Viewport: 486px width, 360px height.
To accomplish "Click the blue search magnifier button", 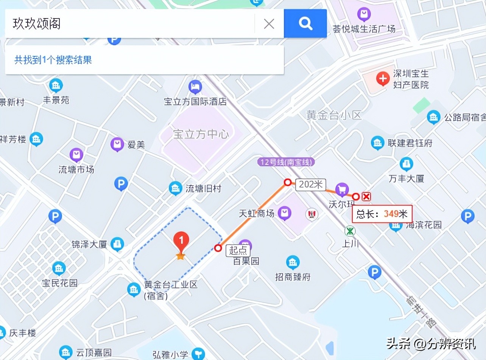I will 305,23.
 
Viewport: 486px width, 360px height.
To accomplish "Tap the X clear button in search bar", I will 269,24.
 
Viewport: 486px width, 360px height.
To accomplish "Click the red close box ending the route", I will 366,196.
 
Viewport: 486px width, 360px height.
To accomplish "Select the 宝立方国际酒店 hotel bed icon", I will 195,87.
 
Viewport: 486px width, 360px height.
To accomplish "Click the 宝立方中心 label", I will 201,134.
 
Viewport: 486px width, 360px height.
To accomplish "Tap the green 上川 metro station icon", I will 350,231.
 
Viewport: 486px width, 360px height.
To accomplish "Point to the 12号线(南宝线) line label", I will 286,162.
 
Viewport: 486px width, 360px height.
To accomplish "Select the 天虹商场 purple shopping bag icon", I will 285,213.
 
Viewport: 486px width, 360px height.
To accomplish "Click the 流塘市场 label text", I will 76,169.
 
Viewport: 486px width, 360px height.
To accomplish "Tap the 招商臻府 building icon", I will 293,262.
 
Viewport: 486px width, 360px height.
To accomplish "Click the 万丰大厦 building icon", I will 406,164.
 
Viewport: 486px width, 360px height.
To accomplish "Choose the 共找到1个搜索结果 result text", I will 53,60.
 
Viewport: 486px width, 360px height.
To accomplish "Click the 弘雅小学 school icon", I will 198,354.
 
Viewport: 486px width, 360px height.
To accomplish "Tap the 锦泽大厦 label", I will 89,244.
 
